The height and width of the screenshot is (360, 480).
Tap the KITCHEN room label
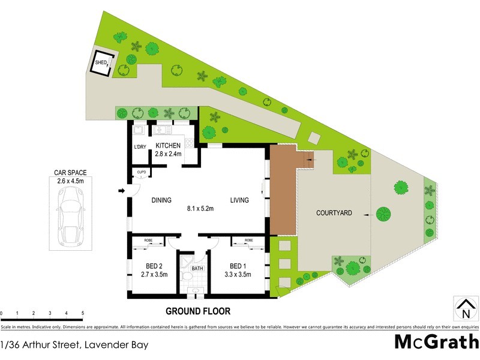[168, 146]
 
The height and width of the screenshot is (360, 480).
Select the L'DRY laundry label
[140, 148]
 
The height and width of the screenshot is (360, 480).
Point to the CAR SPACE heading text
[70, 172]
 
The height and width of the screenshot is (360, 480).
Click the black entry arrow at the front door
[121, 191]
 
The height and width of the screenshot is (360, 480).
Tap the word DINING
[161, 200]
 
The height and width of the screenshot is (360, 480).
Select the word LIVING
[239, 200]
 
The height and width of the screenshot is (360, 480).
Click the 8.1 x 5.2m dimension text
[200, 209]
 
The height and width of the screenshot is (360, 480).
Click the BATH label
[197, 269]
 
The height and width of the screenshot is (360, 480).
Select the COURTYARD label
[334, 213]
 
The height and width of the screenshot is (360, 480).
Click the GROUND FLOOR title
[198, 311]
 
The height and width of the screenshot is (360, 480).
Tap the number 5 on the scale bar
[82, 313]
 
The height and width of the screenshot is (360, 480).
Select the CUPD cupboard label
[142, 172]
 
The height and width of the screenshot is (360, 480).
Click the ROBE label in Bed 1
[248, 240]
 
